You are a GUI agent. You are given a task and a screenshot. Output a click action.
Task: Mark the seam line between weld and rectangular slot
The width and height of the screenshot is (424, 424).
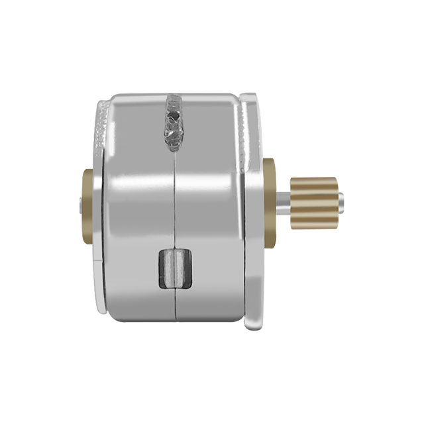coord(174,199)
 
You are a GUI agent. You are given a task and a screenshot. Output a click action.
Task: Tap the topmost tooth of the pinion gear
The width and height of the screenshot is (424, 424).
coord(317,180)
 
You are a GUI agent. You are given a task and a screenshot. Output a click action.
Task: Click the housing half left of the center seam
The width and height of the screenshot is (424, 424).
coord(136,205)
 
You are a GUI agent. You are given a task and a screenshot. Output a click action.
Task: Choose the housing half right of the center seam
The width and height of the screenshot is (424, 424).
coord(209,205)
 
